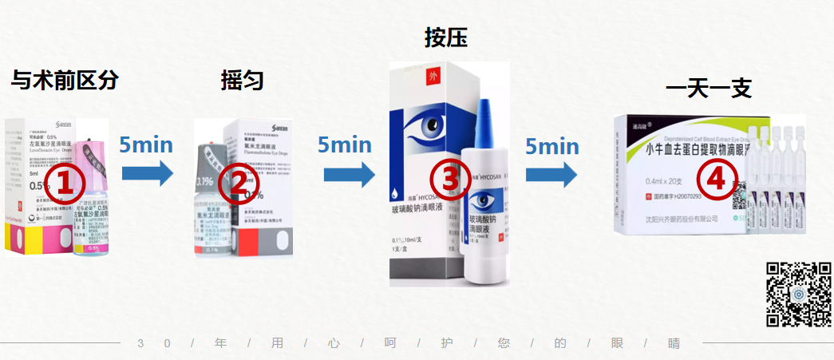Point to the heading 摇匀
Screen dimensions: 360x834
tap(242, 80)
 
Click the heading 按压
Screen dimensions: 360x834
tap(445, 38)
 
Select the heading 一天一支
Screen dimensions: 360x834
tap(708, 89)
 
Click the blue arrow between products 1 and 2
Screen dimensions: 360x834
tap(148, 172)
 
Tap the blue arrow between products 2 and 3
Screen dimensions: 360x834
tap(349, 173)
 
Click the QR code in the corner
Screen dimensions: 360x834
tap(798, 294)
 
